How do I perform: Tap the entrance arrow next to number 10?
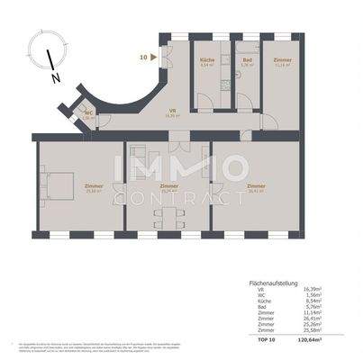tap(157, 56)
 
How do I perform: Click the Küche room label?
tap(206, 60)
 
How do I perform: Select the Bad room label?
tap(246, 60)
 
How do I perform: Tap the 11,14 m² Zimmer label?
tap(283, 60)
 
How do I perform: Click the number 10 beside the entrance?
tap(143, 56)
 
